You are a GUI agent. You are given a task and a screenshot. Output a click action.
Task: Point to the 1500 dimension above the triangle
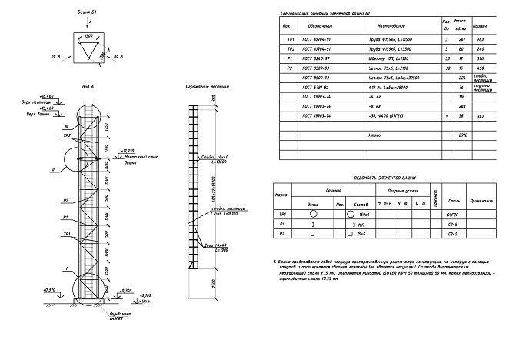pos(89,36)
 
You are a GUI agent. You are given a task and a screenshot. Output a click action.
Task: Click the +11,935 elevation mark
pos(128,151)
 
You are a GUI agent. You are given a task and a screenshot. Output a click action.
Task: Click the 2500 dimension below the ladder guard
pos(212,282)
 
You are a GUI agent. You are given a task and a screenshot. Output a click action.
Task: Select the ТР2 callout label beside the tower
pos(68,135)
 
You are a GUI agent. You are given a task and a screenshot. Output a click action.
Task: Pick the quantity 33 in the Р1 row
pos(447,58)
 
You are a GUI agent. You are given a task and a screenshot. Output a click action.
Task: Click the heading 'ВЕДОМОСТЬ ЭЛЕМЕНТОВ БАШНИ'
pos(384,176)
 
